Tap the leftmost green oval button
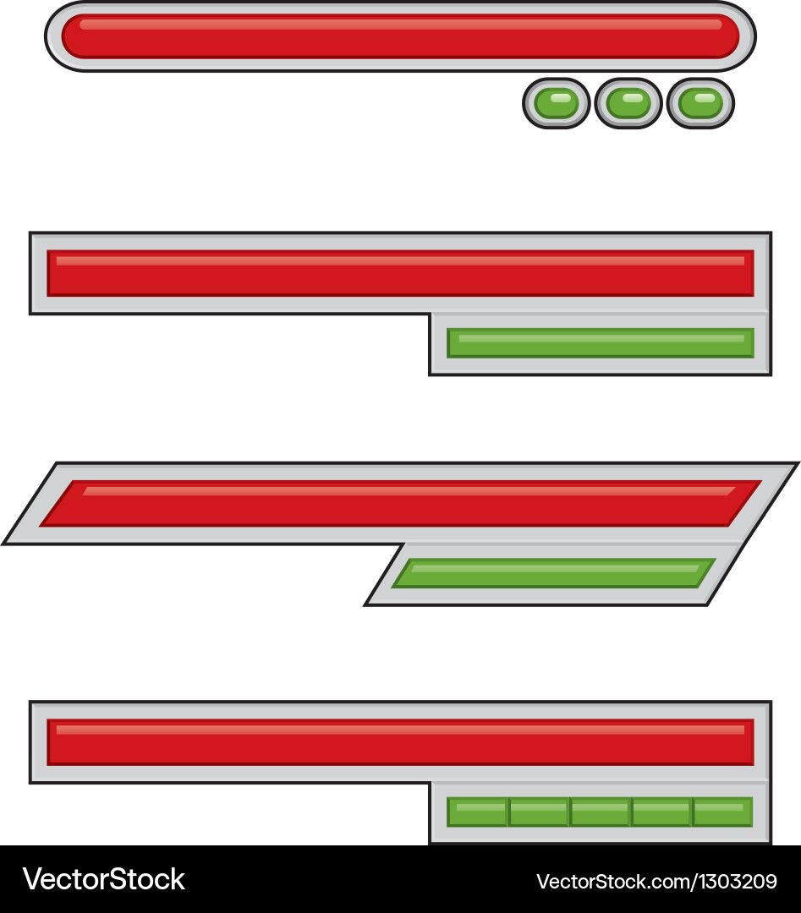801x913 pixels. click(557, 104)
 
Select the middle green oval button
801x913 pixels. click(628, 104)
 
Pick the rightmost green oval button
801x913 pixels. click(700, 104)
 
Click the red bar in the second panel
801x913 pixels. click(400, 274)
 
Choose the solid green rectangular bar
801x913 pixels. click(601, 343)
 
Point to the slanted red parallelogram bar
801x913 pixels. click(400, 504)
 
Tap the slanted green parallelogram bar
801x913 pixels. click(554, 573)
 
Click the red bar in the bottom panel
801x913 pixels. click(400, 743)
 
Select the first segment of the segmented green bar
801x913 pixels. click(477, 812)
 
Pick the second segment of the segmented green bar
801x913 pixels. click(539, 812)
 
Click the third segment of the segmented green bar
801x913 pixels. click(601, 812)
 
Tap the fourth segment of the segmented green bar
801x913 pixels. click(661, 812)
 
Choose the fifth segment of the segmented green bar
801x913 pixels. click(722, 812)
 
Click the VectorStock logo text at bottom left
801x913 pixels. click(103, 879)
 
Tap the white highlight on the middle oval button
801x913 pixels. click(628, 97)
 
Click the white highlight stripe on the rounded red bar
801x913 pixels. click(400, 24)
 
